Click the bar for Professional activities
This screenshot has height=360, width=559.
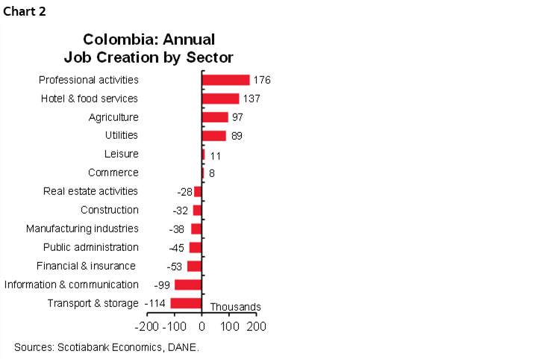(x=225, y=80)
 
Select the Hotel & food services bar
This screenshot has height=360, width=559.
(x=220, y=99)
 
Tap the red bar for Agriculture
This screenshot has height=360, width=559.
(x=215, y=117)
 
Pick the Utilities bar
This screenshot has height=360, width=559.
(x=213, y=136)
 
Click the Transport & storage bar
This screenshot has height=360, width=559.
(x=186, y=303)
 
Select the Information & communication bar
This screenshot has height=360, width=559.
(x=188, y=285)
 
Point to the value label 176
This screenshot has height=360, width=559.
(x=261, y=81)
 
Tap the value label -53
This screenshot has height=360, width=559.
(x=174, y=267)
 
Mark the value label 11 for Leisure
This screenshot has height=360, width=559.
(x=216, y=155)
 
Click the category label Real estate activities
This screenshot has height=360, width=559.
(x=91, y=191)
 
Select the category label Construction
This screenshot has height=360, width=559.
(x=109, y=210)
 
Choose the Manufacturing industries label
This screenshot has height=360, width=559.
(x=82, y=229)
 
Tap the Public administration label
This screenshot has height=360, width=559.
(x=90, y=247)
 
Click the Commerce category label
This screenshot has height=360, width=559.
(x=113, y=173)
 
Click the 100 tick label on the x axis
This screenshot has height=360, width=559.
(x=229, y=326)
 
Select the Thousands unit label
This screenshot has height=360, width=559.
(x=235, y=307)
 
